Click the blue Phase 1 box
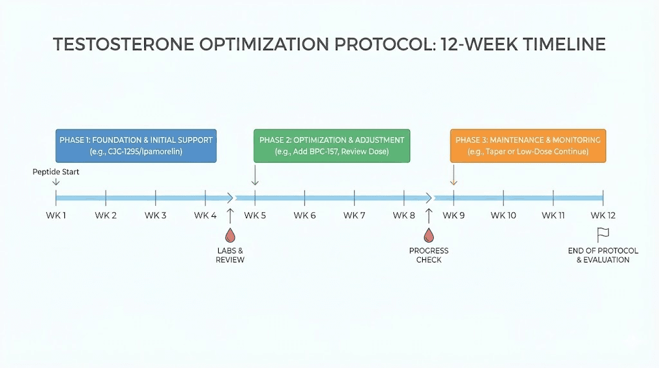(x=136, y=145)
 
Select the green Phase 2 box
(x=331, y=145)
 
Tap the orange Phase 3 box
(x=528, y=145)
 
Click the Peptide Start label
(x=55, y=172)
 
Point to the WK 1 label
(x=56, y=215)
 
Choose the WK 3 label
(x=155, y=215)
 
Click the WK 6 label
(x=304, y=215)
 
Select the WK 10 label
(x=503, y=215)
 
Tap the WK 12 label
(x=602, y=215)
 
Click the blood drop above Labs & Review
(x=230, y=236)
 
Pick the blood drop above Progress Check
(x=429, y=236)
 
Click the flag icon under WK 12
(x=603, y=235)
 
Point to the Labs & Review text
(x=230, y=255)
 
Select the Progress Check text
(x=429, y=255)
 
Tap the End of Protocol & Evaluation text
(x=603, y=255)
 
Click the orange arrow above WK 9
(x=454, y=176)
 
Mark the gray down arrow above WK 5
(x=255, y=176)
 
